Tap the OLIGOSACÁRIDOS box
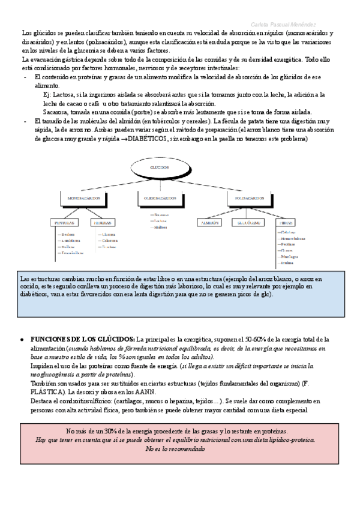160,197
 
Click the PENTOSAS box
64,222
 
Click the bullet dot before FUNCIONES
22,339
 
